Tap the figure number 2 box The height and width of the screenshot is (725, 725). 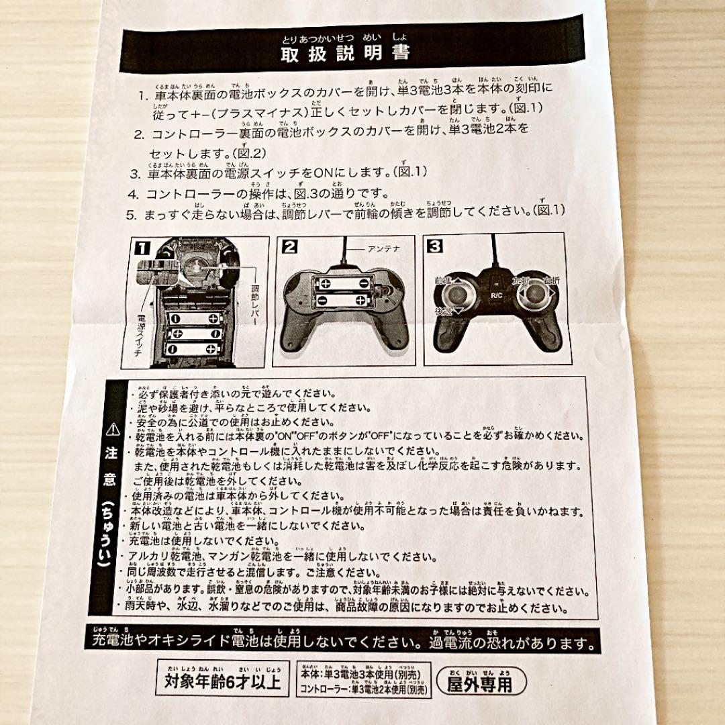point(289,246)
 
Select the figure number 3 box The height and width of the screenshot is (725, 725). point(435,246)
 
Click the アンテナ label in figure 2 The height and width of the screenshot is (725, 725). point(383,248)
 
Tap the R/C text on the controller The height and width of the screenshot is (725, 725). point(497,294)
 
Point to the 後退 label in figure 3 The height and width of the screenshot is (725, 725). point(443,311)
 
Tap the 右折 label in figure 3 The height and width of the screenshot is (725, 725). point(551,281)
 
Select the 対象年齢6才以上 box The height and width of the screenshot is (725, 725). point(222,683)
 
